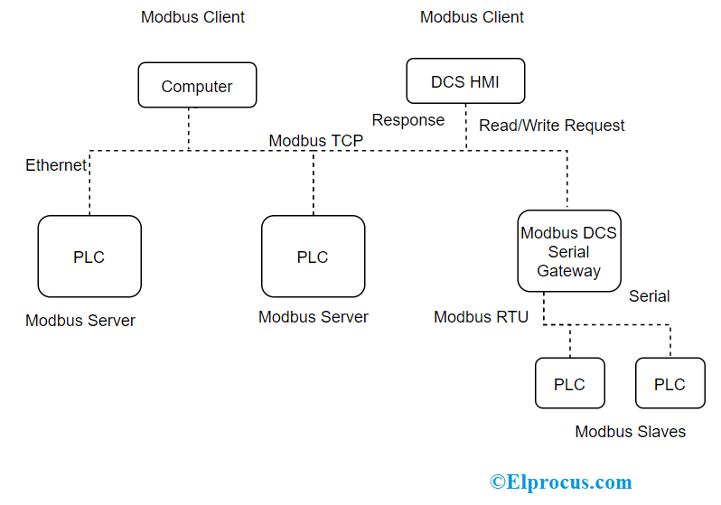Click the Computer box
coord(197,85)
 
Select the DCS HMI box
coord(465,81)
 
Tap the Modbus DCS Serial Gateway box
coord(569,251)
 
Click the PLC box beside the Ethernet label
coord(89,257)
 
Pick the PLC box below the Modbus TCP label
coord(314,257)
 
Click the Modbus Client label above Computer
coord(192,17)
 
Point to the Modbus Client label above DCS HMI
coord(472,17)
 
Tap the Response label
coord(408,120)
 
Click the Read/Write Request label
coord(552,125)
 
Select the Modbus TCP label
coord(316,140)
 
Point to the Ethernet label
coord(56,165)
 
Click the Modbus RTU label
coord(481,317)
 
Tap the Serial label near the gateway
coord(650,296)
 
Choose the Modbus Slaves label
coord(631,432)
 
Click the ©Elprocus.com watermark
coord(561,482)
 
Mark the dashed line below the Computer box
coord(189,129)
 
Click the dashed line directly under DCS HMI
coord(466,127)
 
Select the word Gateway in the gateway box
coord(569,271)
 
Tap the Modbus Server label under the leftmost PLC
coord(80,321)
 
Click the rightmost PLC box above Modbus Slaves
coord(670,383)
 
